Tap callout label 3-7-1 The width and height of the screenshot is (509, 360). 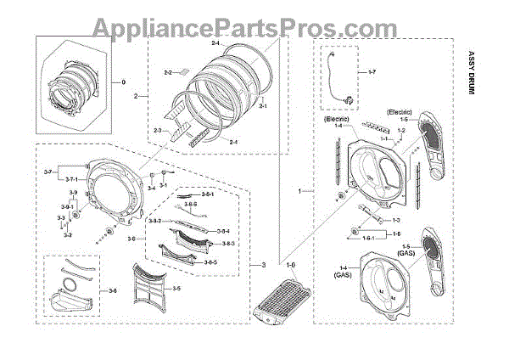74,180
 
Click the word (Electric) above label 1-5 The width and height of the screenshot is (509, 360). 400,111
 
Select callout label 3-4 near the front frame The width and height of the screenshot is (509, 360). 151,188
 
